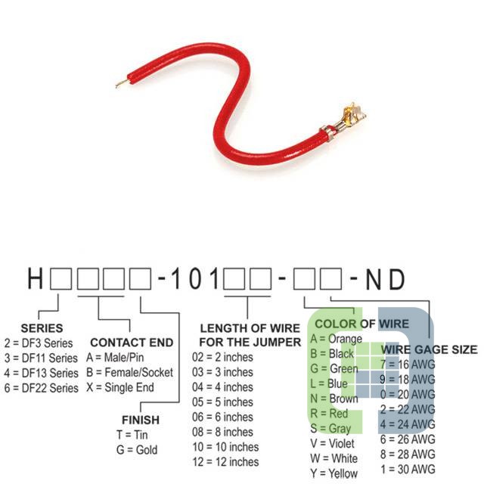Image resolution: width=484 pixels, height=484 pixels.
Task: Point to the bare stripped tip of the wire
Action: [x=122, y=84]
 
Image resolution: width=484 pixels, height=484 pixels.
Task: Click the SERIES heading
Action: [x=42, y=328]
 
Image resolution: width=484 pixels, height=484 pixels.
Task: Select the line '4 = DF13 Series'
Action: [x=42, y=373]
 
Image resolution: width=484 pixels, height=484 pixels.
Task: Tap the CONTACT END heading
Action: [x=132, y=343]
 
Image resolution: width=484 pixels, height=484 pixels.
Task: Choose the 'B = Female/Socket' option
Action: [x=129, y=372]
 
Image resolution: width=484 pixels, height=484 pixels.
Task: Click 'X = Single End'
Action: [x=120, y=387]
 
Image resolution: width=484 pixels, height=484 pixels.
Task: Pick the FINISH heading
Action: [x=141, y=420]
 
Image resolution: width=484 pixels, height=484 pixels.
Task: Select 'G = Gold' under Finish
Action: [x=137, y=450]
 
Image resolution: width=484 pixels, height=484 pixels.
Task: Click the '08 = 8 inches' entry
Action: [x=222, y=432]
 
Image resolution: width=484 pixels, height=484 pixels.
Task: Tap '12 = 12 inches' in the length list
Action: [x=225, y=462]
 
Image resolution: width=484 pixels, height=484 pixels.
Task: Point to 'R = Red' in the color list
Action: [x=329, y=414]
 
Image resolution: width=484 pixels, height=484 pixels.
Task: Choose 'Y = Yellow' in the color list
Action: [x=334, y=473]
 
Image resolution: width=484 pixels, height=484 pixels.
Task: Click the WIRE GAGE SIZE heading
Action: [x=429, y=349]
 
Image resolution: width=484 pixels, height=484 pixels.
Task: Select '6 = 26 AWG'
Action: [x=408, y=439]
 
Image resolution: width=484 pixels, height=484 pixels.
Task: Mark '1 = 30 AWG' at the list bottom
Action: [x=408, y=469]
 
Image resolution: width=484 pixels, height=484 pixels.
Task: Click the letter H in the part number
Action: [x=36, y=279]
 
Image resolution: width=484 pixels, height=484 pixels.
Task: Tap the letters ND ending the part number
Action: [x=385, y=279]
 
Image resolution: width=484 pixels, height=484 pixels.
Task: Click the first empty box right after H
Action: [x=60, y=279]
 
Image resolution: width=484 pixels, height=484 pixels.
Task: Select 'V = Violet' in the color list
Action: [x=332, y=443]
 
